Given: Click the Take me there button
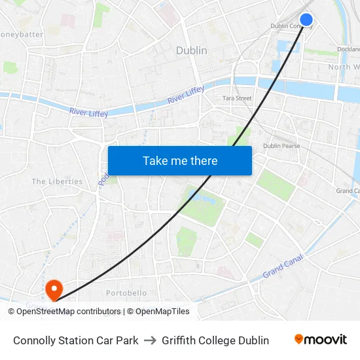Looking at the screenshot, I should coord(180,160).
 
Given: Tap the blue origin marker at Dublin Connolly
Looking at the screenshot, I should coord(306,20).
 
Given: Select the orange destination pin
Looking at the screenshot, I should coord(53,287).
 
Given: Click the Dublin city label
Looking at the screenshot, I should coord(192,50).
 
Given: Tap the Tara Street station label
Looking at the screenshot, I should coord(237,98).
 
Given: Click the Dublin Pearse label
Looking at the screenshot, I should coord(281,146).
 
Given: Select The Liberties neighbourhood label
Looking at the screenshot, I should coord(57,181).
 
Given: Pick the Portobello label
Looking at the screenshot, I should coord(126,293).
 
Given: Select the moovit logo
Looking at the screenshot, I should coord(321,339).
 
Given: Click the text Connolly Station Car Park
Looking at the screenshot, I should coord(75,340).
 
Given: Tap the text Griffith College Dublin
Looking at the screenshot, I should coord(215,340).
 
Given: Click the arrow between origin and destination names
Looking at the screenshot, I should coord(150,340).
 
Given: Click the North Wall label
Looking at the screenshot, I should coord(344,67).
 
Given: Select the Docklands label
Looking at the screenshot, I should coord(348,49).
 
